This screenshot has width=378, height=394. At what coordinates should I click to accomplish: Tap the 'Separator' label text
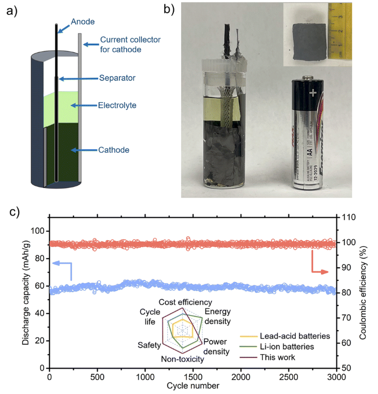point(117,78)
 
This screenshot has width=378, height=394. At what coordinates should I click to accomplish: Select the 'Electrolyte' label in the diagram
point(118,105)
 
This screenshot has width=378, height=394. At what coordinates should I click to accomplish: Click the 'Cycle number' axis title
point(193,385)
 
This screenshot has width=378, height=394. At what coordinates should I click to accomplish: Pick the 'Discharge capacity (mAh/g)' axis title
point(26,292)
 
